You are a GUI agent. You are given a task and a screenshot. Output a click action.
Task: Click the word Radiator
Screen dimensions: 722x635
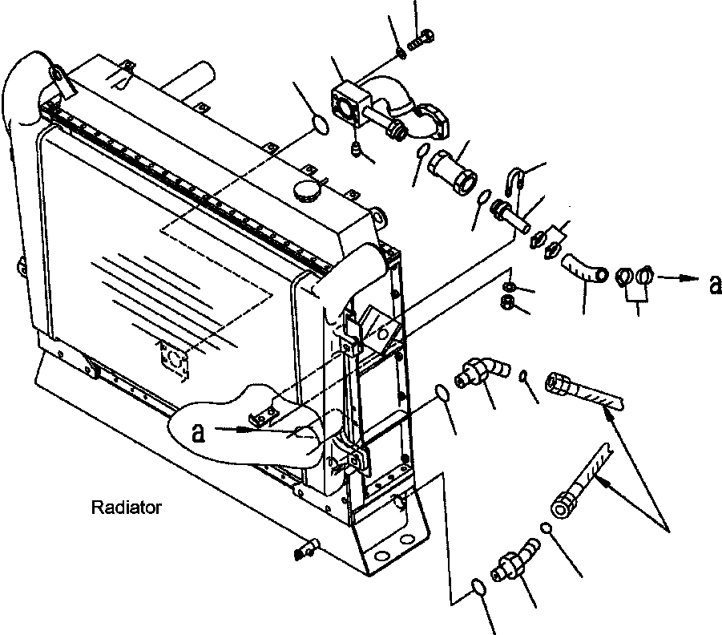point(126,508)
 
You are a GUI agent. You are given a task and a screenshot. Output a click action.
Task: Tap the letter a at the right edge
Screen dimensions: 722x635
point(715,285)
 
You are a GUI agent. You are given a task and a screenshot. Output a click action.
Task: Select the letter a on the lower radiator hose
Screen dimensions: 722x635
point(198,432)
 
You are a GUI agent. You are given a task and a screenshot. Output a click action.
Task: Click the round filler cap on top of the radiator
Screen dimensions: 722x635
point(306,190)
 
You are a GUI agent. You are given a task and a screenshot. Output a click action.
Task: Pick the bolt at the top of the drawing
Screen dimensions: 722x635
point(421,39)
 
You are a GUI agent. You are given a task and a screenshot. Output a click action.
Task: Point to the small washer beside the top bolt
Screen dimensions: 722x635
point(401,54)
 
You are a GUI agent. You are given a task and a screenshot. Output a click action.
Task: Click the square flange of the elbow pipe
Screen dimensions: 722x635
point(350,103)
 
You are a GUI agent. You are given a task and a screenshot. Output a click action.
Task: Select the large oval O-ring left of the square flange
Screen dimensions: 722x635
point(321,125)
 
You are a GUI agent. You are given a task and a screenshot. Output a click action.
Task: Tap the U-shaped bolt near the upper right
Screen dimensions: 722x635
point(511,180)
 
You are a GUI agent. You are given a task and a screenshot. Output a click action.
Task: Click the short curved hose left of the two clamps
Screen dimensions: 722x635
point(584,269)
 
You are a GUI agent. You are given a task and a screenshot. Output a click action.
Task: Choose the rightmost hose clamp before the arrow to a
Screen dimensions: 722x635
point(644,276)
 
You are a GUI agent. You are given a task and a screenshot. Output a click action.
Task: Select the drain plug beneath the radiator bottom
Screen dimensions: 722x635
point(307,548)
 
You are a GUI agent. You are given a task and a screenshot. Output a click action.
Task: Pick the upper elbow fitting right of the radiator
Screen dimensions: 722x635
point(482,372)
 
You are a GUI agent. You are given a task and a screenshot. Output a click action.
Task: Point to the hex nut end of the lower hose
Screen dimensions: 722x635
point(563,504)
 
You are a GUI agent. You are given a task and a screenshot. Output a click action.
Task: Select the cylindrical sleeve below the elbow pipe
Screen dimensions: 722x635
point(453,172)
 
